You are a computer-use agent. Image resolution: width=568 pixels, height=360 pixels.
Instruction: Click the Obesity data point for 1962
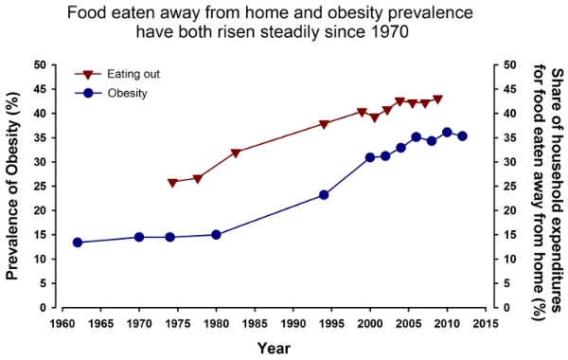[x=78, y=243]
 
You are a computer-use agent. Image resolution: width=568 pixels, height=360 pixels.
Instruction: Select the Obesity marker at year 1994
[x=324, y=195]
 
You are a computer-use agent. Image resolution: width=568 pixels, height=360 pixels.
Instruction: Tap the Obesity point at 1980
[x=216, y=235]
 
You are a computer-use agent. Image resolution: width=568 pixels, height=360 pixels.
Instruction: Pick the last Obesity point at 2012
[x=462, y=136]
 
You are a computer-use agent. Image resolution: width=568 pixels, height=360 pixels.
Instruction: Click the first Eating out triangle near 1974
[x=172, y=183]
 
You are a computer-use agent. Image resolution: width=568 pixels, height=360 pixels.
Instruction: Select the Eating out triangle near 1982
[x=236, y=153]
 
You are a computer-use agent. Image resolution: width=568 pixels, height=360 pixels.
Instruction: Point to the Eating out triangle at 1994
[x=324, y=124]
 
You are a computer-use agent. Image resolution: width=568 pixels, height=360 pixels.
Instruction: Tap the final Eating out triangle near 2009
[x=437, y=99]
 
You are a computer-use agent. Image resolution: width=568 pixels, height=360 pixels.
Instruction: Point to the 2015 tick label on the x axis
[x=485, y=321]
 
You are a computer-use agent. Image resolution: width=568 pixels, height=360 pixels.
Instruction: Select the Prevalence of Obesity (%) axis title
[x=14, y=186]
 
